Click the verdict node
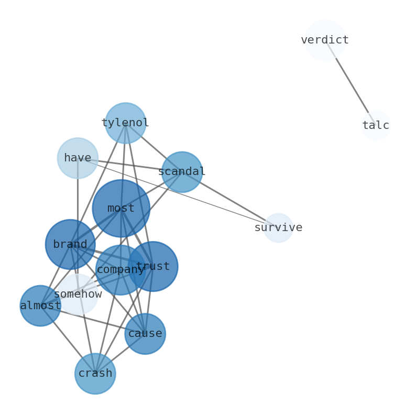[325, 40]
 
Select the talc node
[376, 126]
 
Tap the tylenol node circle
[125, 123]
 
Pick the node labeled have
[78, 158]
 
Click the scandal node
[182, 172]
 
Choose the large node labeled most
[121, 209]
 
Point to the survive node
[278, 228]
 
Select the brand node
[70, 245]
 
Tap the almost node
[40, 306]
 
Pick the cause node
[145, 334]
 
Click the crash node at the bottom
[95, 374]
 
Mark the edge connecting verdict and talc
[350, 83]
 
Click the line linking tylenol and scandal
[155, 148]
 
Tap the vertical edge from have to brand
[78, 199]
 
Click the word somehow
[78, 295]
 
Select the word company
[120, 270]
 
